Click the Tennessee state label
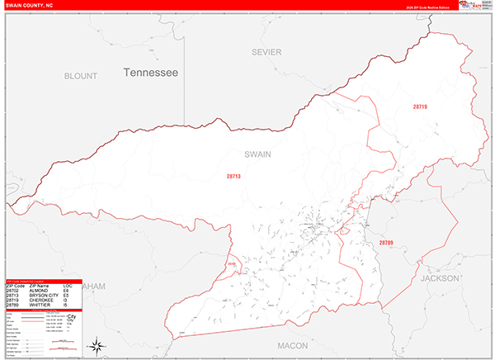click(x=151, y=73)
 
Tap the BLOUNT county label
click(x=81, y=75)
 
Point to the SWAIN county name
click(x=257, y=154)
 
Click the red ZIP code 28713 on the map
click(x=234, y=176)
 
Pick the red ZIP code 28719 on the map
click(x=421, y=107)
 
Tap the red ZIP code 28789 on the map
click(x=387, y=243)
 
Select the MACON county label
click(x=292, y=345)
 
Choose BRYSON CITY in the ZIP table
click(x=45, y=296)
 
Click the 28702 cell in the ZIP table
click(x=13, y=291)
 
